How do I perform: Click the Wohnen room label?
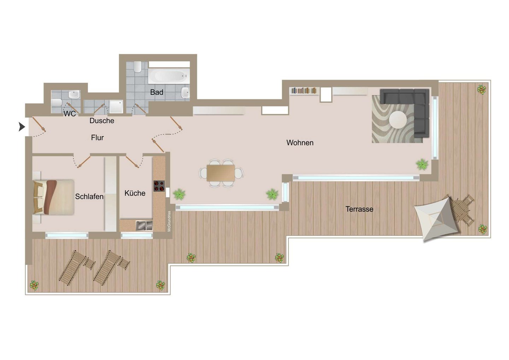pos(300,143)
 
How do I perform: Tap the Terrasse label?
pos(359,209)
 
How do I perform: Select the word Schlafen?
pos(89,197)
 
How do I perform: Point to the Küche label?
pos(135,193)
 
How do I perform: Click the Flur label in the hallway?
pos(97,138)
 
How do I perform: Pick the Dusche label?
pos(102,121)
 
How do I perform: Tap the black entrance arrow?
pos(22,127)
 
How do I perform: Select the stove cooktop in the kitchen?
pos(159,186)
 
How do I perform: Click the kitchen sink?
pos(144,226)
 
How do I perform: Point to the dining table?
pos(221,173)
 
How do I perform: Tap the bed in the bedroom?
pos(54,197)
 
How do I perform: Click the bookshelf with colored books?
pos(304,91)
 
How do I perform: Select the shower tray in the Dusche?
pos(116,106)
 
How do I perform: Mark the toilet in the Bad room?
pos(138,67)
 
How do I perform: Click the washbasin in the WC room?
pos(75,94)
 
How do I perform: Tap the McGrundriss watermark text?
pos(169,221)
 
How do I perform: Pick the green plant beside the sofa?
pos(422,164)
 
